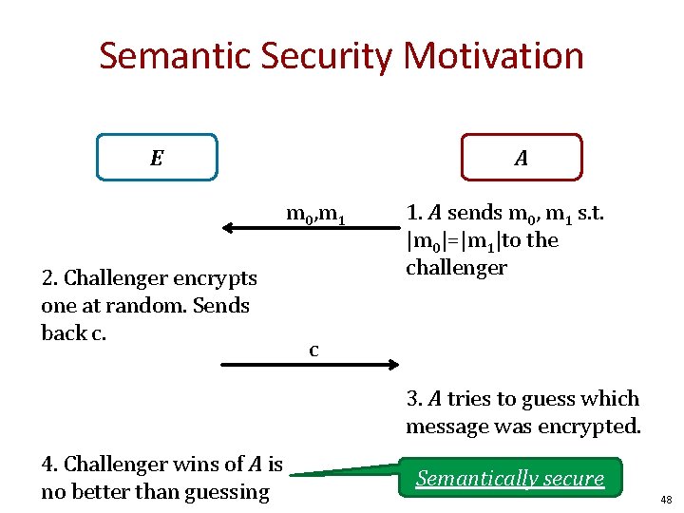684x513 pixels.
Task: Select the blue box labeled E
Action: pyautogui.click(x=157, y=158)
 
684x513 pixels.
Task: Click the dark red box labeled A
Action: pyautogui.click(x=521, y=158)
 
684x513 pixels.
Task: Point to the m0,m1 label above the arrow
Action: pyautogui.click(x=316, y=214)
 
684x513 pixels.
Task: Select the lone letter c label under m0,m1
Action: pyautogui.click(x=313, y=351)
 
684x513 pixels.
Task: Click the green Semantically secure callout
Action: pyautogui.click(x=510, y=478)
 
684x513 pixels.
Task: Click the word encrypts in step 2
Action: pyautogui.click(x=215, y=278)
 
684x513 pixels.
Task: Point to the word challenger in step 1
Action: pyautogui.click(x=456, y=268)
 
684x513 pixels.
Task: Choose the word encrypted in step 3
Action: pyautogui.click(x=596, y=427)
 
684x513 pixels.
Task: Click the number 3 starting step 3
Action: pyautogui.click(x=411, y=399)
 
